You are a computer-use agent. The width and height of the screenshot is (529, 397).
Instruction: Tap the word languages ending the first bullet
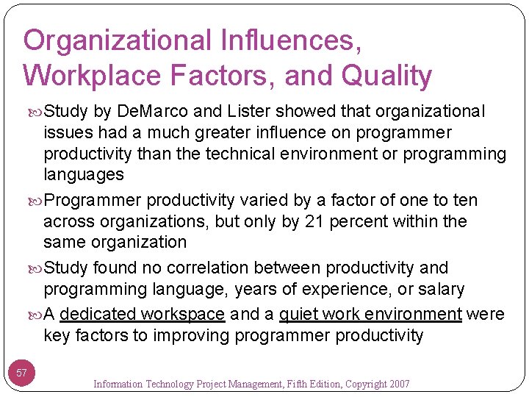[x=84, y=174]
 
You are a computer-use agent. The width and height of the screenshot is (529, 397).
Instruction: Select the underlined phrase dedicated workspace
[x=142, y=315]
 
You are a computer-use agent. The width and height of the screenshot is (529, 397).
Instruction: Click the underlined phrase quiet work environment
[x=370, y=315]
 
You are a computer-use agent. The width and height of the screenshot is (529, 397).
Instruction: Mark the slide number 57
[x=22, y=373]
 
